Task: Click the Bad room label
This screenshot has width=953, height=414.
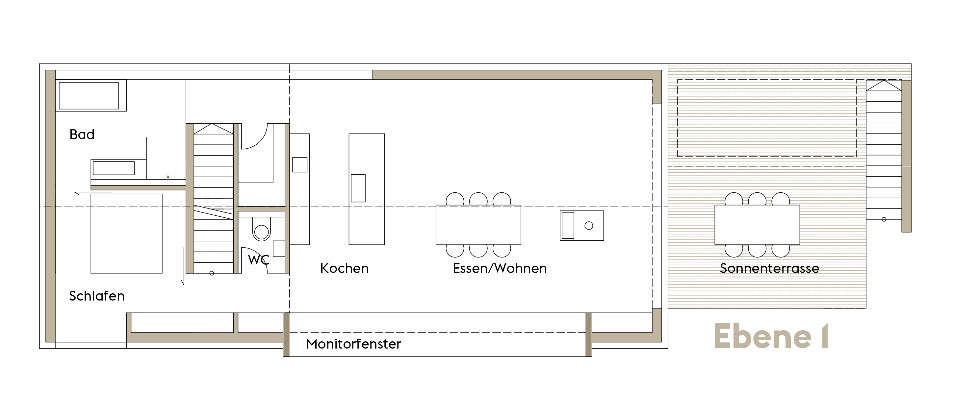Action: pos(82,134)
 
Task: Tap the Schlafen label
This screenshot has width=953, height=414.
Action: pos(96,296)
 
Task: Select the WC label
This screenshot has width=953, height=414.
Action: pos(258,260)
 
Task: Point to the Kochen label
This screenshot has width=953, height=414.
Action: pos(345,268)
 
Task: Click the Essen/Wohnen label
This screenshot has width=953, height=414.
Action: pos(500,268)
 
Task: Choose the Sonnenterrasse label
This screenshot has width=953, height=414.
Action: pos(769,268)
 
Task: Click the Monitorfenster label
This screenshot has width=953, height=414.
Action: pos(353,344)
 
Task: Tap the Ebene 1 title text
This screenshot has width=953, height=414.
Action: pos(771,336)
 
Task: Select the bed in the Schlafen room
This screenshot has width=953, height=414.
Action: pos(126,233)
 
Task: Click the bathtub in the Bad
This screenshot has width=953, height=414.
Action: pos(89,96)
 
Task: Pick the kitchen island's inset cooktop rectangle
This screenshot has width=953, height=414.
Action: pos(358,188)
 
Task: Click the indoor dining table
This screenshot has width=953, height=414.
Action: pos(478,225)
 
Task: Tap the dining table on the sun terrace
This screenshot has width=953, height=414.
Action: pos(757,225)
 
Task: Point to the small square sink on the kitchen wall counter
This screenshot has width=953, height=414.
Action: pos(300,165)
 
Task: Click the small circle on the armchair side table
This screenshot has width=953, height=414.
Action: pos(589,226)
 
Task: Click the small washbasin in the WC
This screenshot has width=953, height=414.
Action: pos(279,249)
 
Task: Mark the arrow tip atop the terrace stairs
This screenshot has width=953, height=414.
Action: pos(884,81)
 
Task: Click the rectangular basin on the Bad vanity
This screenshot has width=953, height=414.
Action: pos(114,168)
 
